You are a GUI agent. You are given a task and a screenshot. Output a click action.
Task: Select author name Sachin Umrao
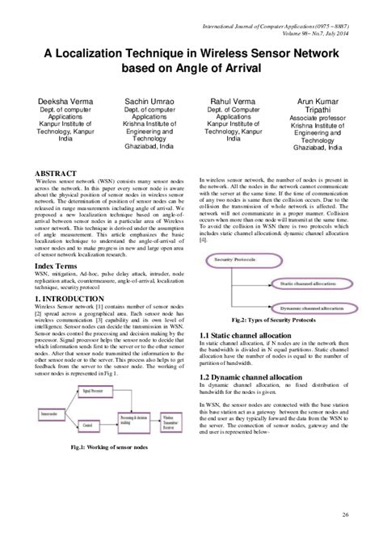coord(146,99)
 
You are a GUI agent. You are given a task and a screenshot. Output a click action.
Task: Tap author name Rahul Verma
coord(234,99)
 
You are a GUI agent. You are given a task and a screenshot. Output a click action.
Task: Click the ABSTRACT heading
coord(56,173)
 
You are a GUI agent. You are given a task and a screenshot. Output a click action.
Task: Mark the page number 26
coord(345,515)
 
